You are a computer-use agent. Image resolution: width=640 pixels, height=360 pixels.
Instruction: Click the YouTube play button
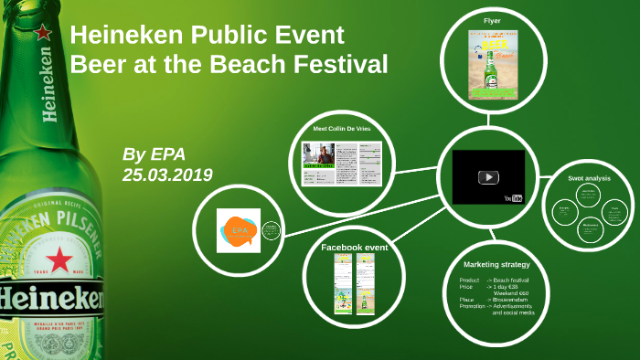tap(488, 177)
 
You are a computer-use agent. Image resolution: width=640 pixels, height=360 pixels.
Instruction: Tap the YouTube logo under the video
tap(512, 197)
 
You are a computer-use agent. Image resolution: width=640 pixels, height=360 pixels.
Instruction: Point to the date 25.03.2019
tap(167, 174)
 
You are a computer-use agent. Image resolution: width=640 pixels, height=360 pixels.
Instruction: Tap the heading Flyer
tap(492, 20)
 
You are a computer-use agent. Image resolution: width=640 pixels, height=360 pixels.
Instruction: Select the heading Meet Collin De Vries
tap(342, 130)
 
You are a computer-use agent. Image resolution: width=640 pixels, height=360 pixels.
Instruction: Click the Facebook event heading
tap(355, 247)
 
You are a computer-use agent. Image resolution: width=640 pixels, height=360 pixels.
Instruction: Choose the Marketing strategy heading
tap(496, 264)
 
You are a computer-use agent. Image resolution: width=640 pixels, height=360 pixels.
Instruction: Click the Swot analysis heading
tap(590, 178)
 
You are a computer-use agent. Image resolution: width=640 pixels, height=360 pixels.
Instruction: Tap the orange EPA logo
tap(240, 230)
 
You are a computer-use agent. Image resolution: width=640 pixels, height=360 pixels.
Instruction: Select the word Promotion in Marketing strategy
tap(472, 306)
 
